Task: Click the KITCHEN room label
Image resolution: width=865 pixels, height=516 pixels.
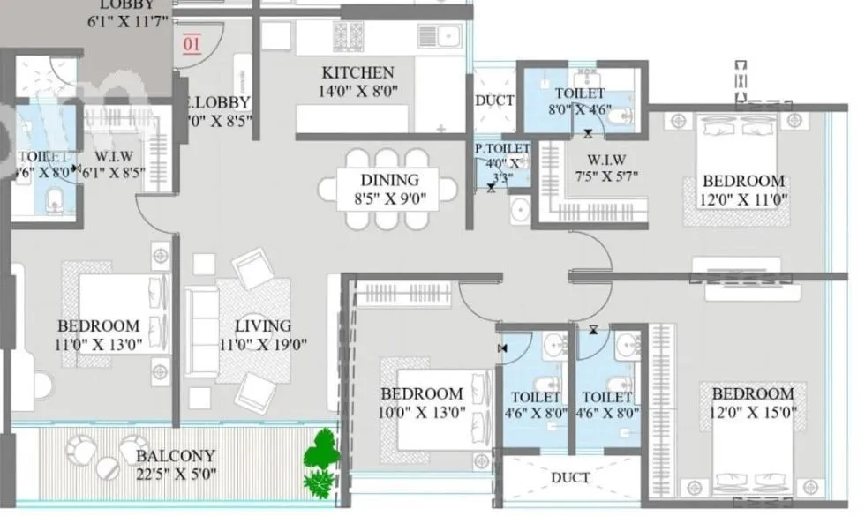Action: click(x=357, y=72)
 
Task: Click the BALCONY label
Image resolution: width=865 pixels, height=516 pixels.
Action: click(x=175, y=456)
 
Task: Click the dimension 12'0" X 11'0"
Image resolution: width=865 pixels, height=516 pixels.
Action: click(x=743, y=198)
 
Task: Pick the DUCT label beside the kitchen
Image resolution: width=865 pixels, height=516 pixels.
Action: click(x=494, y=101)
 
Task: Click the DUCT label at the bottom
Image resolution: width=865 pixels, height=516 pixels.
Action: click(x=569, y=478)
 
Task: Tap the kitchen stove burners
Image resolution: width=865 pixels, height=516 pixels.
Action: click(x=349, y=37)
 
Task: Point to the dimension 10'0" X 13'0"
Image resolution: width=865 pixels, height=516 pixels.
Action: click(x=421, y=411)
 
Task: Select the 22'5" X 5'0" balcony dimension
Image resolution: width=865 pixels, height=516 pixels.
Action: click(x=175, y=475)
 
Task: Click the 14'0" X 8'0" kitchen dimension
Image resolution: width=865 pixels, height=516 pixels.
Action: click(x=357, y=90)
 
